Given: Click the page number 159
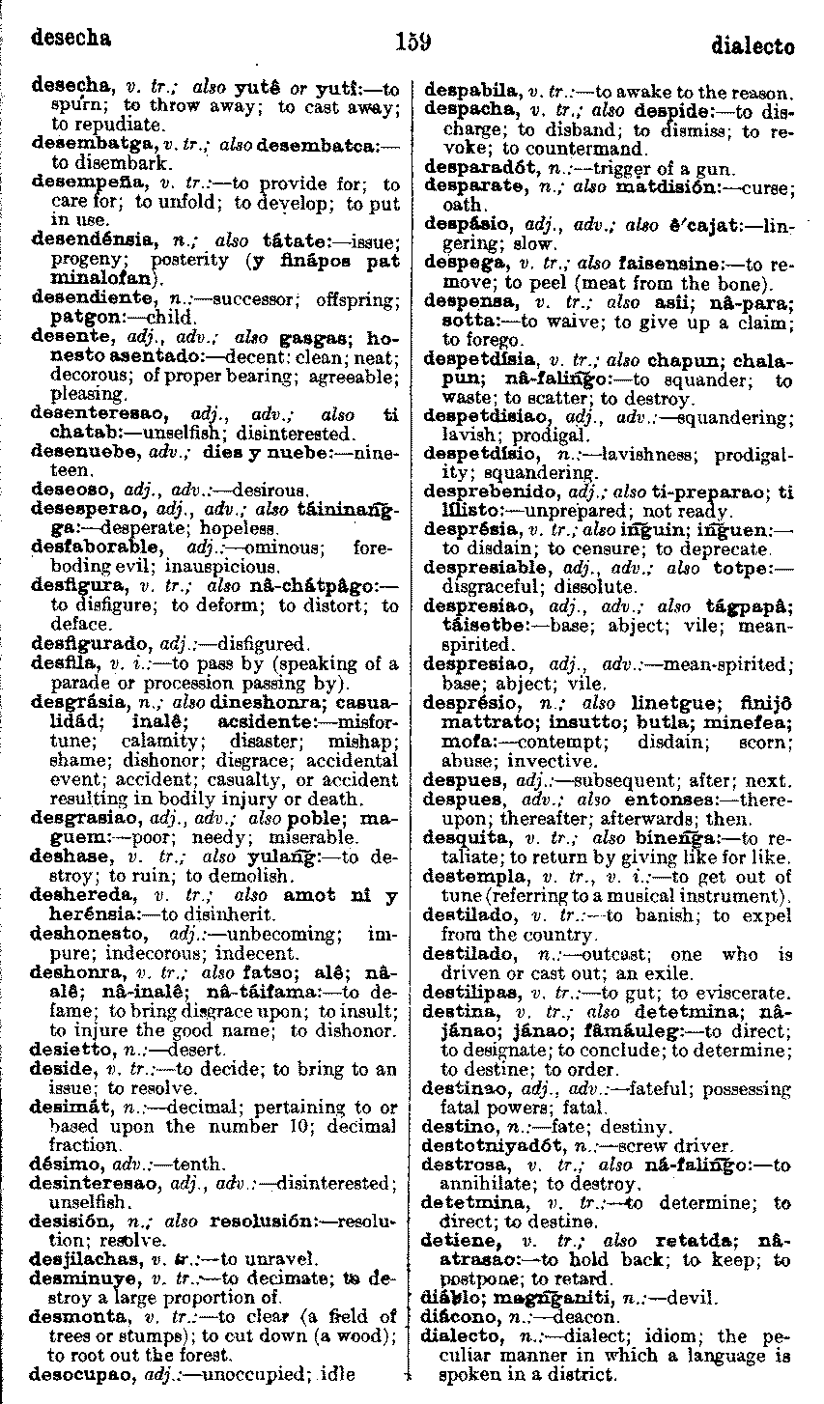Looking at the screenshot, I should click(x=412, y=42).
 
